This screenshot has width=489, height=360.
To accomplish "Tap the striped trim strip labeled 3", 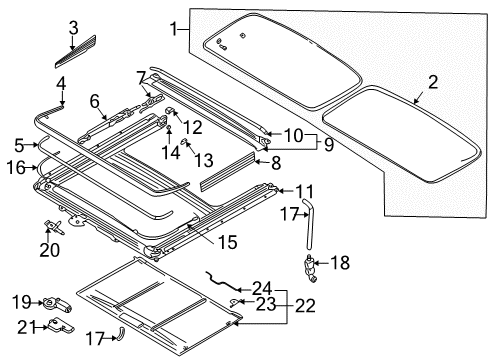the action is pos(75,51).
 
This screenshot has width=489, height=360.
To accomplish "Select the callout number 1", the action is pos(173,29).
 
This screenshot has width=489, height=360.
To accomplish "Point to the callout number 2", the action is pos(433,82).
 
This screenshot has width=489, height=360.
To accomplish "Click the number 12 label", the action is pos(193,127).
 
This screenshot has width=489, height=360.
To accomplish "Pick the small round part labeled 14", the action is pos(169,127).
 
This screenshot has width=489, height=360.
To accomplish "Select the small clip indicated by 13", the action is pos(184,142).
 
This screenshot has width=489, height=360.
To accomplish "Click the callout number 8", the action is pos(276,163).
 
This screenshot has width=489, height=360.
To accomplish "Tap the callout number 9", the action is pos(329,144).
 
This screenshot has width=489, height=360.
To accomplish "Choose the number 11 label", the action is pos(305,192).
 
